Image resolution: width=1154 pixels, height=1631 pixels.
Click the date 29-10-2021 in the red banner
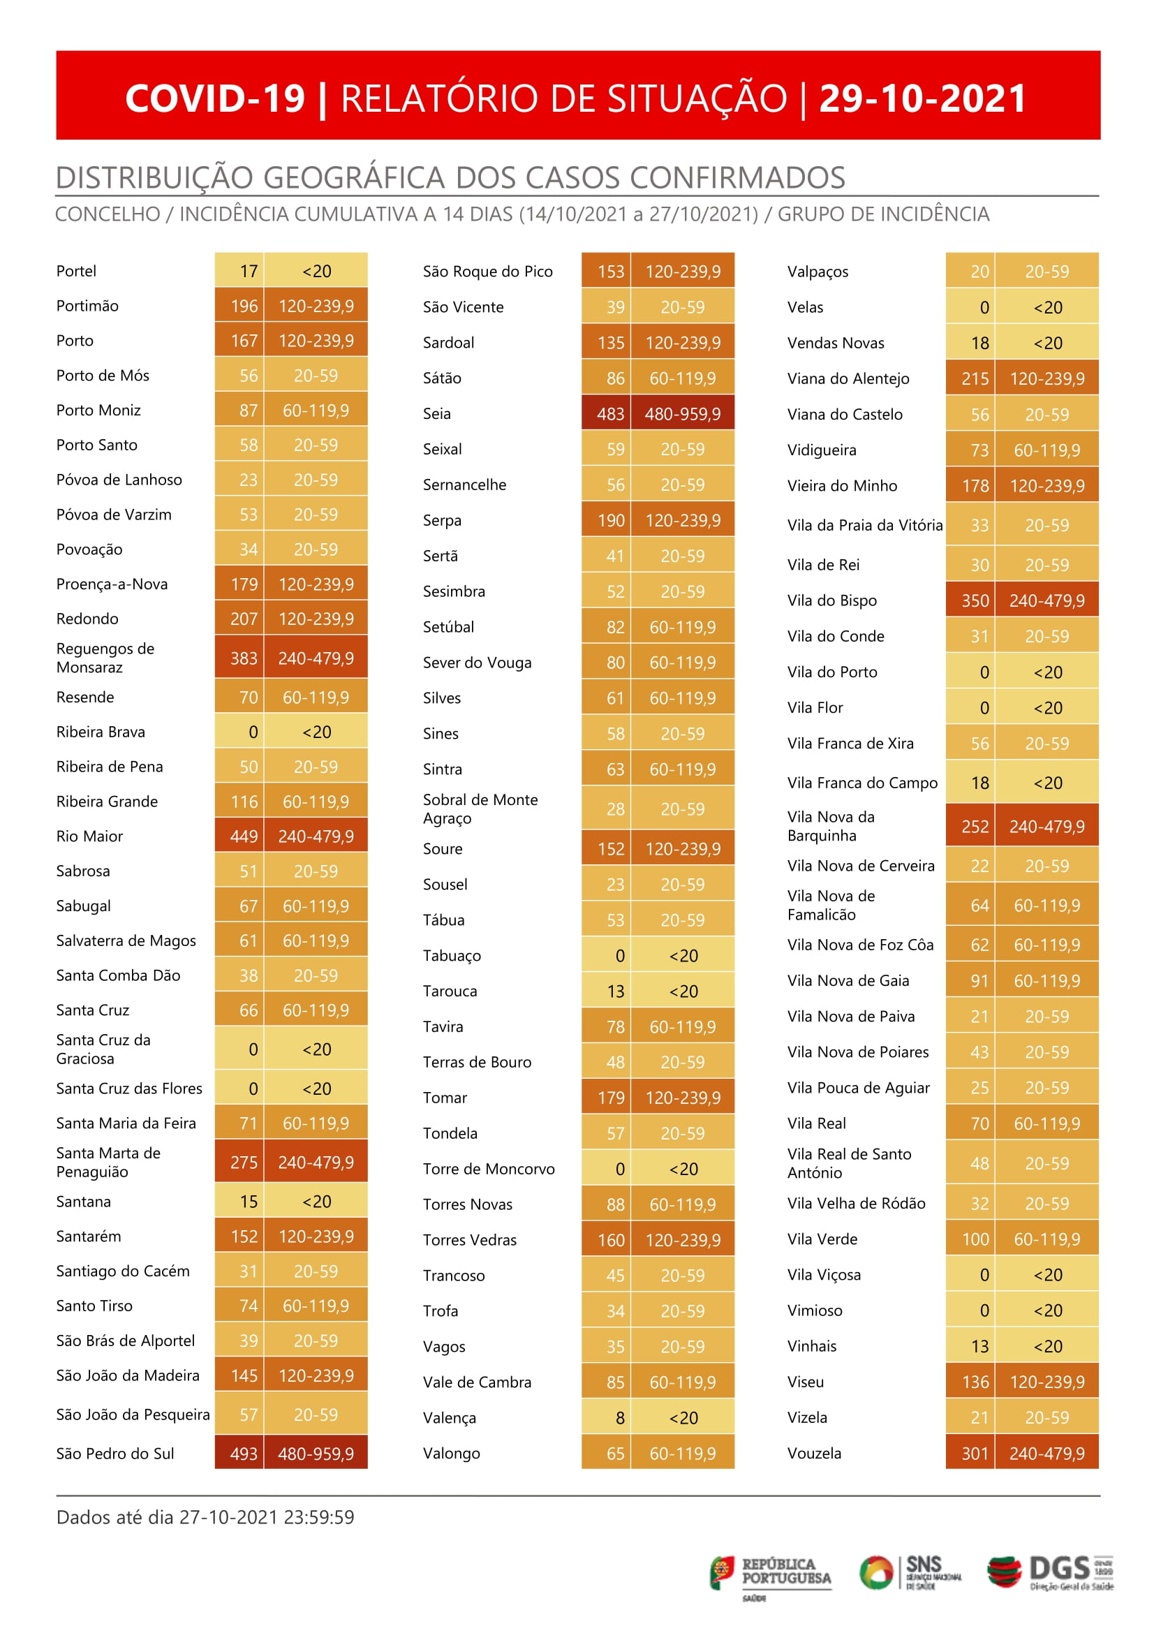922,98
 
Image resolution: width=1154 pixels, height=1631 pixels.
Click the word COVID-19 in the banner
214,98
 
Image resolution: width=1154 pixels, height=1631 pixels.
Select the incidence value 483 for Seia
609,413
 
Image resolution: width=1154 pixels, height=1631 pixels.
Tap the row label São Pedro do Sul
115,1454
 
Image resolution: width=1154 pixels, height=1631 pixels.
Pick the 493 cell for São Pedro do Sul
243,1454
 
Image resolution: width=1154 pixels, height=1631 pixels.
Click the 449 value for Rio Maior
243,836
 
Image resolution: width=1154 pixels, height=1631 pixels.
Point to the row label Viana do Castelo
844,414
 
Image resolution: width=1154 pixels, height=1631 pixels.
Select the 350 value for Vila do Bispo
974,600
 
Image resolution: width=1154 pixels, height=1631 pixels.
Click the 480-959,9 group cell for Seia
682,413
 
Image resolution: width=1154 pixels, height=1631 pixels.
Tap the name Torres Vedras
470,1239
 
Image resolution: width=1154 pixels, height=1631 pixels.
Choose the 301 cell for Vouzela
974,1454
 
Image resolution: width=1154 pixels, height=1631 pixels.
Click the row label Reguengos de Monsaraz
105,658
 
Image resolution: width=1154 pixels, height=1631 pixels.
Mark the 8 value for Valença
620,1418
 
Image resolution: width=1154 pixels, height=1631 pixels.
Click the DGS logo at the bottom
1049,1574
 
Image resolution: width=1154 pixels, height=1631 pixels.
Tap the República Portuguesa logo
769,1574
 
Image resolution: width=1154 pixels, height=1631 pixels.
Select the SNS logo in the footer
910,1572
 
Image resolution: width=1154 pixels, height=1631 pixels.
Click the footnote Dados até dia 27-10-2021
205,1516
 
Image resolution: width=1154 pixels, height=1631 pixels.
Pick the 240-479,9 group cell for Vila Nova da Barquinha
1046,827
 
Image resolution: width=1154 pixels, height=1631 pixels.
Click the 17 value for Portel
248,271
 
